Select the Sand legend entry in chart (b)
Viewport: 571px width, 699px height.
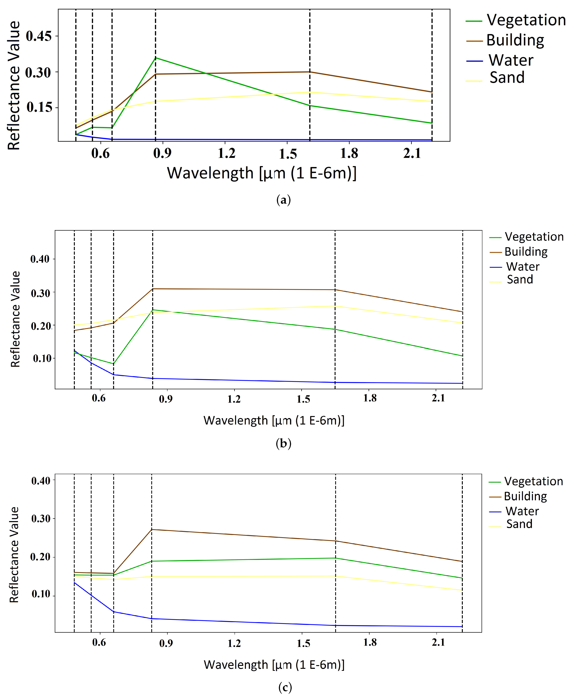click(520, 279)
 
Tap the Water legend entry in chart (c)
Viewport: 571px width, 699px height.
click(522, 511)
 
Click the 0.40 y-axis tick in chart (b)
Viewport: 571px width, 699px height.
click(40, 259)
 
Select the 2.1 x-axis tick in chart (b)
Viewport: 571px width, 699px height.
click(438, 398)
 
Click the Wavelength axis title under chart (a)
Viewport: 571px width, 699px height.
click(261, 173)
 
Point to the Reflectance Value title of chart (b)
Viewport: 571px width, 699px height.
click(15, 319)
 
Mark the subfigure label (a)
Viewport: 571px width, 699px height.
click(283, 200)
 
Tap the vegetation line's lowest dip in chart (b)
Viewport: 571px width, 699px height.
click(113, 364)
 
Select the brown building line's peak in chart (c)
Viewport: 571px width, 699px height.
click(152, 530)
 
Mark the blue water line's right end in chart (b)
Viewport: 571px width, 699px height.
click(462, 383)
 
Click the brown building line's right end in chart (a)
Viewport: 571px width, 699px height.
click(432, 92)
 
